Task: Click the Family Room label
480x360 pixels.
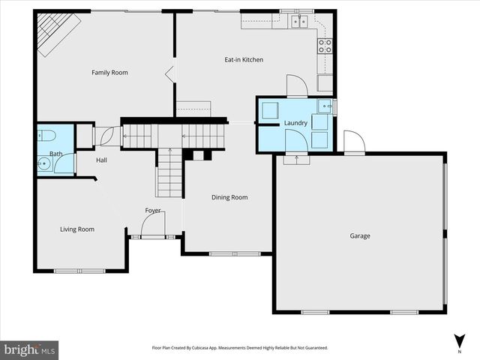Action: [109, 73]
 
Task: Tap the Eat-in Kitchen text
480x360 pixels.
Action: [244, 60]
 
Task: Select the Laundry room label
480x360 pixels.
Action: [295, 123]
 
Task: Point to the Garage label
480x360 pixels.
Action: [360, 235]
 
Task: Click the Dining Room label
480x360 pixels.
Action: [229, 197]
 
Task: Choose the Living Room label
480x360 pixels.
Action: [77, 229]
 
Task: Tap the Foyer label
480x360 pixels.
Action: [153, 211]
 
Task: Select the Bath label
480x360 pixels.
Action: [55, 154]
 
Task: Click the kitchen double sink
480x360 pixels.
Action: [301, 21]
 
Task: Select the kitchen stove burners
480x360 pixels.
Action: [325, 46]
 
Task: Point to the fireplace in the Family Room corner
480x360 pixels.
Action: [54, 34]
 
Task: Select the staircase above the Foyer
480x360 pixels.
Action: [169, 172]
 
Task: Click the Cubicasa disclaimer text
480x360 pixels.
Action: [240, 348]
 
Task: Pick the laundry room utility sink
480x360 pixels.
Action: [323, 106]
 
